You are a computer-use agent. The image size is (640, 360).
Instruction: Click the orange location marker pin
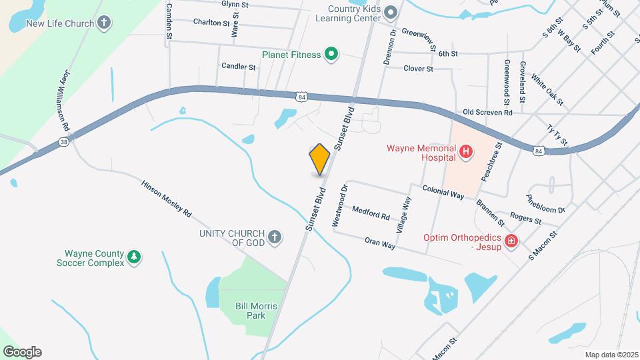pyautogui.click(x=320, y=160)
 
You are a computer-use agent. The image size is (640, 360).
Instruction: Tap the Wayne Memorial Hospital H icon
pyautogui.click(x=467, y=153)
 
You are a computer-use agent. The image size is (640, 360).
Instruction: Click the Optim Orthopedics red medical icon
pyautogui.click(x=511, y=241)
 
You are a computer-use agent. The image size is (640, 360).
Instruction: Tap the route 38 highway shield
pyautogui.click(x=63, y=141)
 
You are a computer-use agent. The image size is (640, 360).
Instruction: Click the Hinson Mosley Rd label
pyautogui.click(x=167, y=199)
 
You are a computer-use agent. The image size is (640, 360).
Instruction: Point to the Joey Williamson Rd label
pyautogui.click(x=66, y=111)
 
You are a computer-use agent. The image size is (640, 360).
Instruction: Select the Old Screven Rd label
pyautogui.click(x=487, y=113)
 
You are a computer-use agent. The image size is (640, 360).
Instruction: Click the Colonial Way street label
pyautogui.click(x=443, y=193)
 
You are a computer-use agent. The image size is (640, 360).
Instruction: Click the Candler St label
pyautogui.click(x=239, y=67)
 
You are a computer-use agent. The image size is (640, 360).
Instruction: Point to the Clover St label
pyautogui.click(x=419, y=69)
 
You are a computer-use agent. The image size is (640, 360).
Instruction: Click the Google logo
pyautogui.click(x=22, y=351)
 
